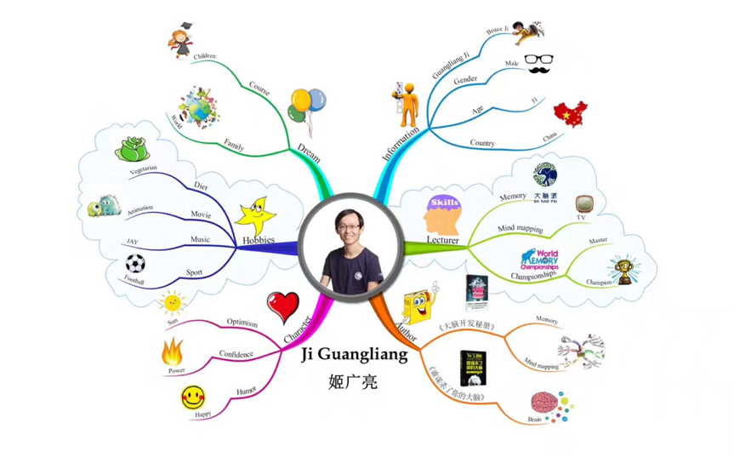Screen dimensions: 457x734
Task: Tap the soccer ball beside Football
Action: tap(135, 265)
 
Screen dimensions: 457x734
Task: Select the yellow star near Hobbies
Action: tap(255, 214)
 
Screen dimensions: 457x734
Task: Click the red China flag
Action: tap(570, 113)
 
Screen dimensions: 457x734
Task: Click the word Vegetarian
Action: tap(143, 170)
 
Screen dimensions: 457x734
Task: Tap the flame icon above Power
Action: tap(173, 350)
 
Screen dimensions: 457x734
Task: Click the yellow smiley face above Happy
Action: tap(193, 397)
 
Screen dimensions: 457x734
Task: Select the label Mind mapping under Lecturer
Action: tap(520, 229)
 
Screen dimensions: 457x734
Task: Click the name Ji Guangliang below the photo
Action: tap(355, 355)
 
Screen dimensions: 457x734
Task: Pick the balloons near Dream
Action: tap(306, 104)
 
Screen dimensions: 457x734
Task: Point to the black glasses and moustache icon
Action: tap(542, 63)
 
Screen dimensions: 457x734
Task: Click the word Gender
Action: tap(464, 80)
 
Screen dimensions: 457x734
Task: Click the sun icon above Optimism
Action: tap(173, 302)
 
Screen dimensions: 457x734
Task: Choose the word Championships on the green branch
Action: tap(534, 274)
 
